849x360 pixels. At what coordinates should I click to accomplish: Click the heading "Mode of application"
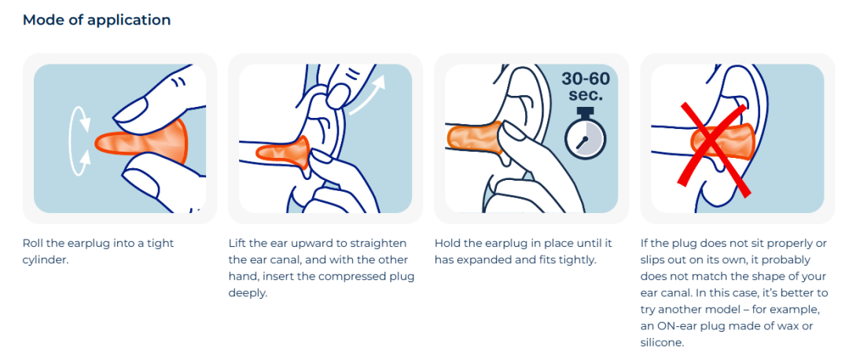coord(97,20)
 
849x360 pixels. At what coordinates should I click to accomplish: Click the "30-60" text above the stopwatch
coord(586,79)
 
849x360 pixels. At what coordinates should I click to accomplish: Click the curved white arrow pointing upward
coord(367,95)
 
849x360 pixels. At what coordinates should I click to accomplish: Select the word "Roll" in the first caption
coord(32,243)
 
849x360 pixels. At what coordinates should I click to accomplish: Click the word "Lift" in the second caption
coord(236,243)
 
